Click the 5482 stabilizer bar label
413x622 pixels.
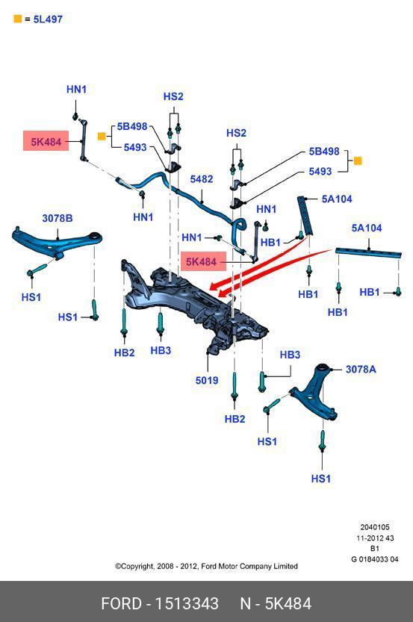tap(202, 179)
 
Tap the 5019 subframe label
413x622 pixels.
tap(207, 380)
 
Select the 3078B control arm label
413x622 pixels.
tap(58, 218)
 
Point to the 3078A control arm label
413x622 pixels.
tap(361, 370)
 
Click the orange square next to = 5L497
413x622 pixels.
tap(17, 19)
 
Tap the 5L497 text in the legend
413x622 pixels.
tap(48, 19)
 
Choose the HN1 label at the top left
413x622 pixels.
tap(76, 90)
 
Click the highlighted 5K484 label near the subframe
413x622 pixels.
tap(201, 262)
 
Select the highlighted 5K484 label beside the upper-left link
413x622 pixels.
tap(46, 141)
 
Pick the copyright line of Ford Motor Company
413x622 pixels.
tap(206, 566)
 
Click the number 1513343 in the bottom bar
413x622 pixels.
tap(187, 604)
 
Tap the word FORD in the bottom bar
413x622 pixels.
tap(121, 604)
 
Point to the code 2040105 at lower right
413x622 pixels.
tap(375, 527)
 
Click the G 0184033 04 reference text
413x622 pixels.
tap(374, 559)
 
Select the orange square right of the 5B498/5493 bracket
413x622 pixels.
tap(358, 161)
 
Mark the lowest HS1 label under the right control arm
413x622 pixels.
tap(321, 479)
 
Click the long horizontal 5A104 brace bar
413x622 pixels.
tap(369, 252)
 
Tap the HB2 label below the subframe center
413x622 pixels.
tap(235, 419)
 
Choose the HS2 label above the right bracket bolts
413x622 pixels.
tap(236, 133)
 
